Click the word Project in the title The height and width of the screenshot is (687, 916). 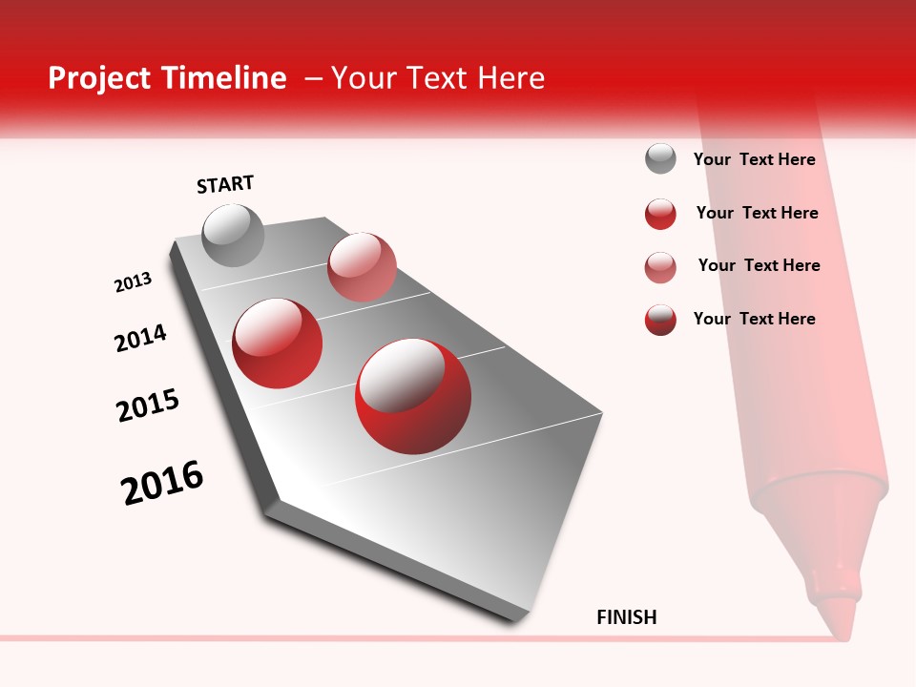point(100,78)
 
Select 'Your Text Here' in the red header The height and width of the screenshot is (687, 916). point(437,78)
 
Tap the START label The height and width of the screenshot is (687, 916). point(225,184)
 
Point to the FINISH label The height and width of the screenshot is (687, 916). point(627,617)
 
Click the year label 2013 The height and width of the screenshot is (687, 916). point(134,282)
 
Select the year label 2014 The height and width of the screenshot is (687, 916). point(141,338)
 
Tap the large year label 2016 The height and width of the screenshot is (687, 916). point(162,482)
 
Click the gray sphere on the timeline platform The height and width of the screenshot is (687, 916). point(233,235)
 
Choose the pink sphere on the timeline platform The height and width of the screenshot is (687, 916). point(362,267)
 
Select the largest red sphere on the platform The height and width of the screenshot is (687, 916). point(413,396)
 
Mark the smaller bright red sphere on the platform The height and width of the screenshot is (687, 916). point(278,343)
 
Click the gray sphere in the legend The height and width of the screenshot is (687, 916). point(660,158)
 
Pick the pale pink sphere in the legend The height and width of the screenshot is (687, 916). point(660,267)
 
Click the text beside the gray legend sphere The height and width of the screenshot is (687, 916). point(754,160)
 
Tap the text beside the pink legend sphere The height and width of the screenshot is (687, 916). point(759,265)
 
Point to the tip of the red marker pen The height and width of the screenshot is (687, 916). point(836,625)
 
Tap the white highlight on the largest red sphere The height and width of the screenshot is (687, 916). point(404,374)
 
